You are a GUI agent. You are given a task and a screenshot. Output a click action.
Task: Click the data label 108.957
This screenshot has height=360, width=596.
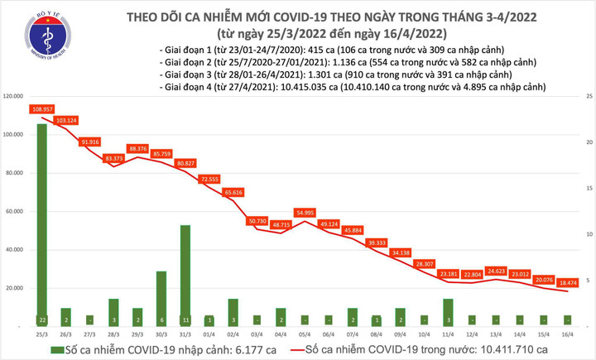tap(42, 109)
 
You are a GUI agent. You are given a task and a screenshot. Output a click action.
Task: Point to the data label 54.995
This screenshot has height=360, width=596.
tap(305, 213)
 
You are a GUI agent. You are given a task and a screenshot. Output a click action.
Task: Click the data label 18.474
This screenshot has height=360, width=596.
tap(569, 282)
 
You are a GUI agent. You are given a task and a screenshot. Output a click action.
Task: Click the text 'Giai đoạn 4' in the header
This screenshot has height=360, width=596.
tap(189, 87)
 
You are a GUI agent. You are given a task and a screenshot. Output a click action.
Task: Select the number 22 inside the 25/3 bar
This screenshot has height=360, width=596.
tap(42, 319)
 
